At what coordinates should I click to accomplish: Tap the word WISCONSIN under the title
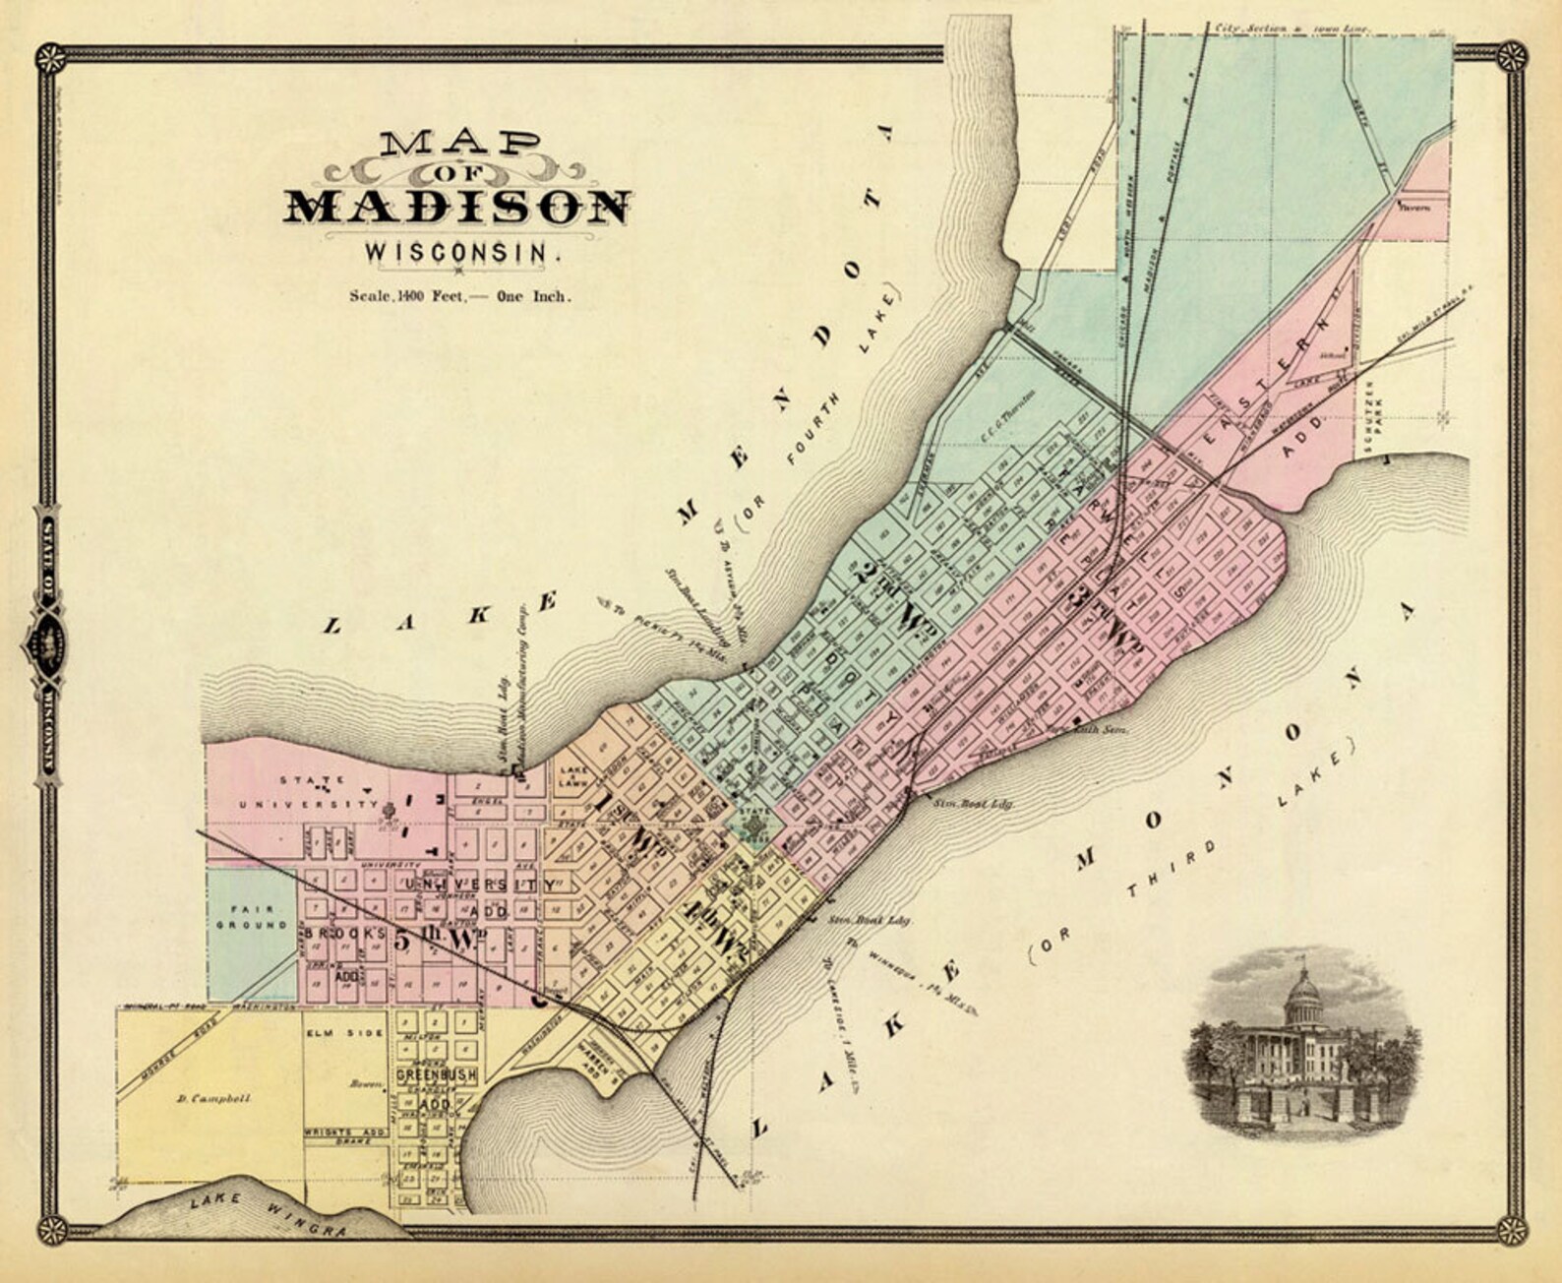[462, 252]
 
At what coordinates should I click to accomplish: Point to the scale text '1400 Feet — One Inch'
[459, 295]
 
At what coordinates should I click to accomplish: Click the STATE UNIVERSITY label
[313, 792]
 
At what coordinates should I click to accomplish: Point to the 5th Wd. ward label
[436, 939]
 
